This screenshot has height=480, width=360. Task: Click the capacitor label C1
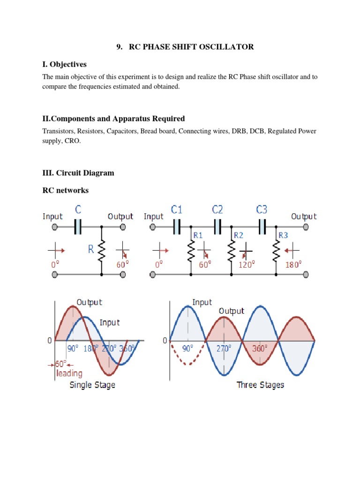177,209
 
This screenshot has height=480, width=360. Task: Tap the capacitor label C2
217,209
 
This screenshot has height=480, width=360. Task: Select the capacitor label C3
262,209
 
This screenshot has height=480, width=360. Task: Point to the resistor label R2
238,235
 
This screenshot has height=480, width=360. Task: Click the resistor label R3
284,235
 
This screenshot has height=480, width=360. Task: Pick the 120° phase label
247,264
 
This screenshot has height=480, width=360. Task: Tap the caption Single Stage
92,385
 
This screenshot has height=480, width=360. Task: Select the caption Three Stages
260,385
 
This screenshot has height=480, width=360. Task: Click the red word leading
69,374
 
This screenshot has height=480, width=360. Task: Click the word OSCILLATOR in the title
227,46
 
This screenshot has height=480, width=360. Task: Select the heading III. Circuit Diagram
78,173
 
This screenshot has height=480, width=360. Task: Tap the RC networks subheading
66,190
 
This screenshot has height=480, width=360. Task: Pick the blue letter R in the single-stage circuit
90,249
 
